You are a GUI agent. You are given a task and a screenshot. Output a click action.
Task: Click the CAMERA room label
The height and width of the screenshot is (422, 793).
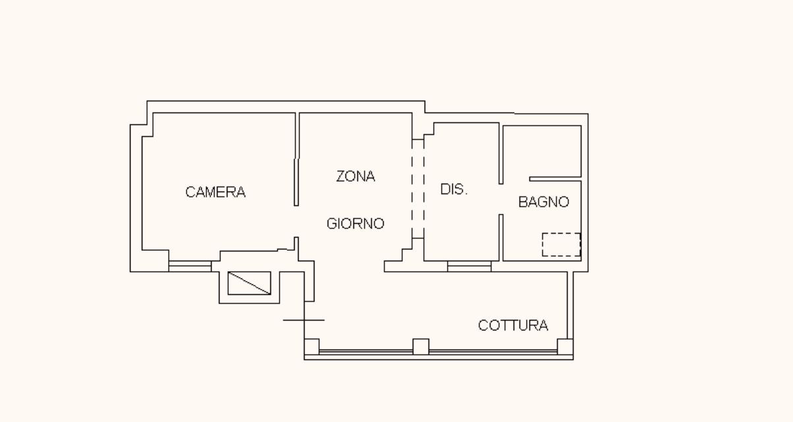click(216, 192)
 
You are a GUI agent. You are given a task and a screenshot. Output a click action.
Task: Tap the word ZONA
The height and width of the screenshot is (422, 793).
click(355, 176)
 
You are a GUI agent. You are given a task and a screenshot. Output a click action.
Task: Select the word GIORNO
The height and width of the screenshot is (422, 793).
click(355, 223)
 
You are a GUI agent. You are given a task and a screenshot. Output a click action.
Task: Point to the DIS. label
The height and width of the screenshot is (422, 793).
click(454, 189)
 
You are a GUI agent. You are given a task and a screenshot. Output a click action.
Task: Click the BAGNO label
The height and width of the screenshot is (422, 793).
click(544, 202)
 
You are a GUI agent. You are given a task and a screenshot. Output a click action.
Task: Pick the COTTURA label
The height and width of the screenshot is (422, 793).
click(513, 325)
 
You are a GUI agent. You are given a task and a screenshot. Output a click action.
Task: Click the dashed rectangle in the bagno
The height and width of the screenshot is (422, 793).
click(561, 245)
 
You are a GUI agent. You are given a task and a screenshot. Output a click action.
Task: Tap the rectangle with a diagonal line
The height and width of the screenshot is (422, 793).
click(249, 283)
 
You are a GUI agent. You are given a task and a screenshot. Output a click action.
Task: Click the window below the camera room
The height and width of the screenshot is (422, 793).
click(190, 266)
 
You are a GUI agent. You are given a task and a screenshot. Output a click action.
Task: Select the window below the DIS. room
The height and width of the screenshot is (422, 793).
click(469, 266)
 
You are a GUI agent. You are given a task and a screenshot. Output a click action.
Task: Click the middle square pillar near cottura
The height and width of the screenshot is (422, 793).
click(421, 346)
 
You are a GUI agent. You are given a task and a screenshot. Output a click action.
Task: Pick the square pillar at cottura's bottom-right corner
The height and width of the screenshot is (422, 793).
click(565, 346)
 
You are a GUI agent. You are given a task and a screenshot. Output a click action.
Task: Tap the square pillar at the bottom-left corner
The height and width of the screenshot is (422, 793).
click(312, 346)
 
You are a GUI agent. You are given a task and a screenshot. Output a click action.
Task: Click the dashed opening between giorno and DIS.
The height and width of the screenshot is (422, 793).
click(418, 189)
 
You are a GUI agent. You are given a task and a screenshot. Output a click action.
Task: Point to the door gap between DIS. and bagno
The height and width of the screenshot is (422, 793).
click(501, 199)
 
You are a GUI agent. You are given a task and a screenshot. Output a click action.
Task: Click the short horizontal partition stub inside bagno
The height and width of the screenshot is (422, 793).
click(555, 179)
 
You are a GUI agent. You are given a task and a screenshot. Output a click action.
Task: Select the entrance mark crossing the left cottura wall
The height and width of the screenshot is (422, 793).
click(304, 320)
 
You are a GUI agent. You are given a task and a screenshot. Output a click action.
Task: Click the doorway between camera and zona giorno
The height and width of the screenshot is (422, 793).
click(297, 221)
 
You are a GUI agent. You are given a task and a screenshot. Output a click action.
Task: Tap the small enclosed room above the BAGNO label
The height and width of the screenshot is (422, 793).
click(542, 151)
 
